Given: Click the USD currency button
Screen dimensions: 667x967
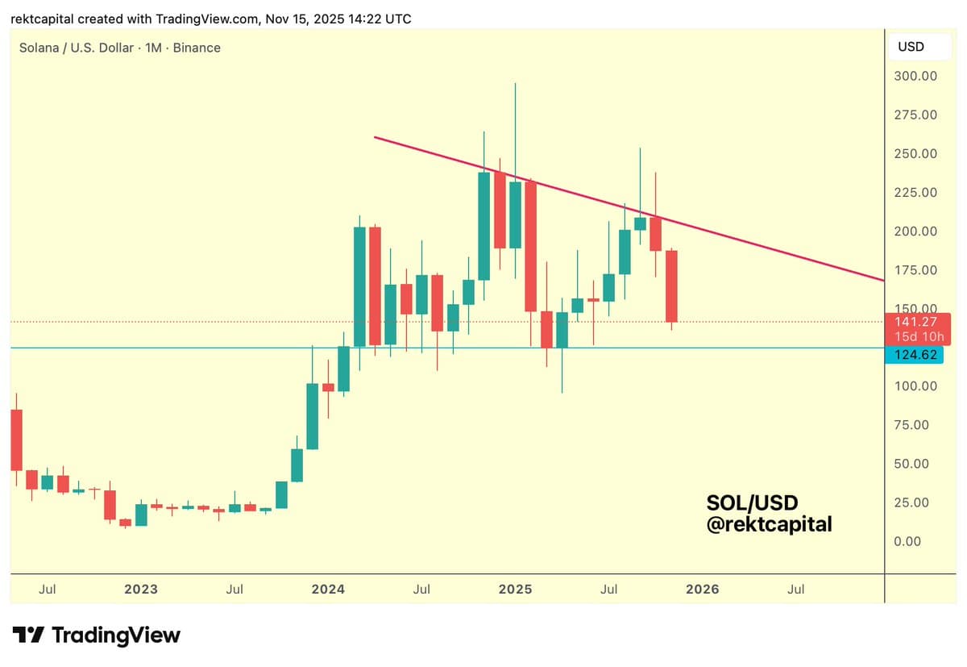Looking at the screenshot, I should click(x=911, y=47).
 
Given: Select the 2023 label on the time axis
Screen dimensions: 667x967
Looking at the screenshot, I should click(x=141, y=590).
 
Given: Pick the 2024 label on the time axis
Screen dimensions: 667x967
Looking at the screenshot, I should click(x=328, y=590).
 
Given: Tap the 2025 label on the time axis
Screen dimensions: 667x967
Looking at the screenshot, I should click(x=515, y=590).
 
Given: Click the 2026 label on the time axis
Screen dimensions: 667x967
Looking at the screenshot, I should click(x=702, y=590).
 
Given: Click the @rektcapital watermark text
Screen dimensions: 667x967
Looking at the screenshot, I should click(x=769, y=524).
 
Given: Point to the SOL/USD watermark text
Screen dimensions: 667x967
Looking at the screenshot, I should click(x=752, y=503).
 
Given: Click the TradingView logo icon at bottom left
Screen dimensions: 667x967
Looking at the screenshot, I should click(x=28, y=636).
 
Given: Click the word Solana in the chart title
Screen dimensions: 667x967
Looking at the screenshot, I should click(x=39, y=48).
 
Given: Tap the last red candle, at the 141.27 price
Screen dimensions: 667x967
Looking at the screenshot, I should click(x=671, y=286).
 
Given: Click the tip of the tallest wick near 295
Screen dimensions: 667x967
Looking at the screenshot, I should click(x=515, y=83).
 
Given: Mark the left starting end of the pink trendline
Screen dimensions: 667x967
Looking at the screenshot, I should click(x=375, y=137).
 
